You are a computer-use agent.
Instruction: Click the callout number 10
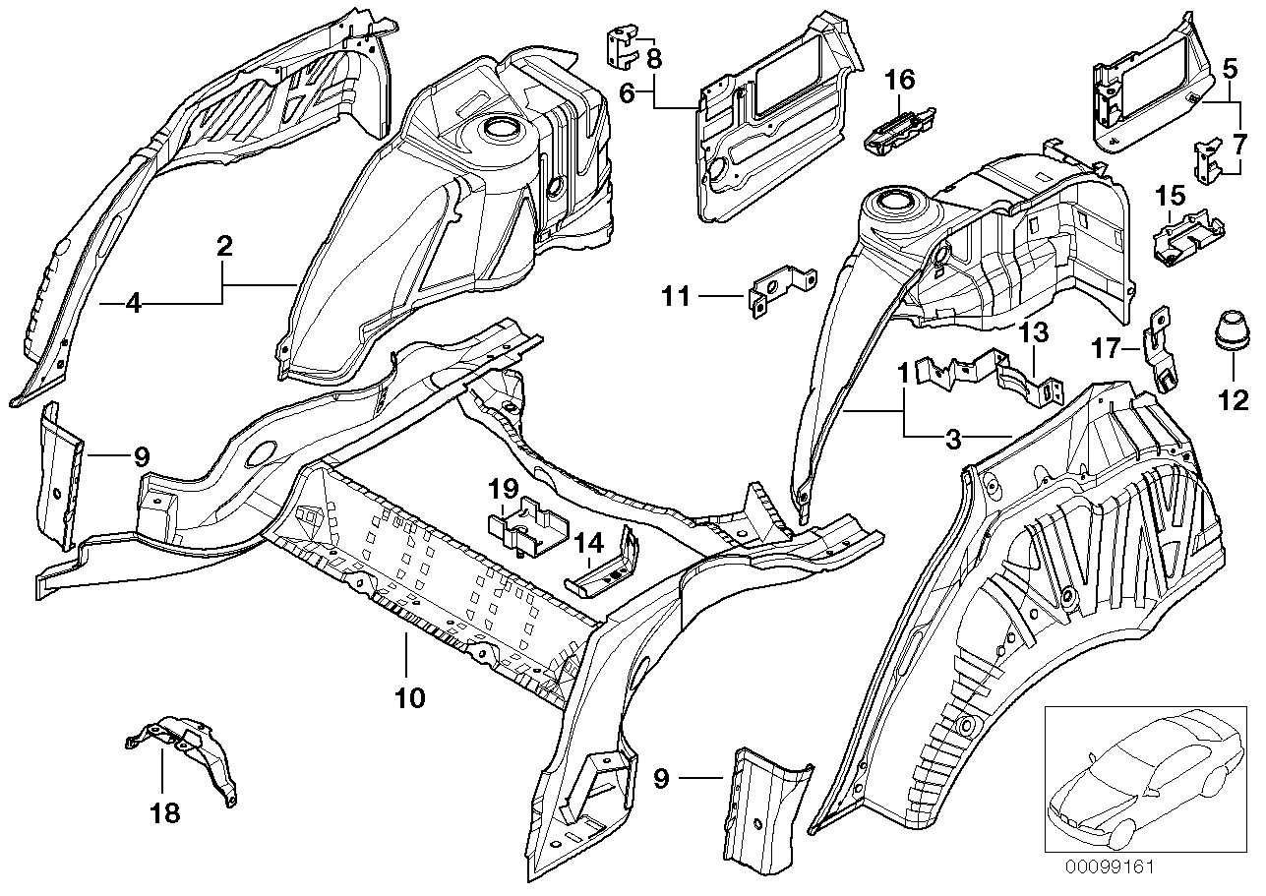409,698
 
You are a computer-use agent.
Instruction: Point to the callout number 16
900,80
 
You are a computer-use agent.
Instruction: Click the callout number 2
224,246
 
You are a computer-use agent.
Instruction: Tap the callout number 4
134,304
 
